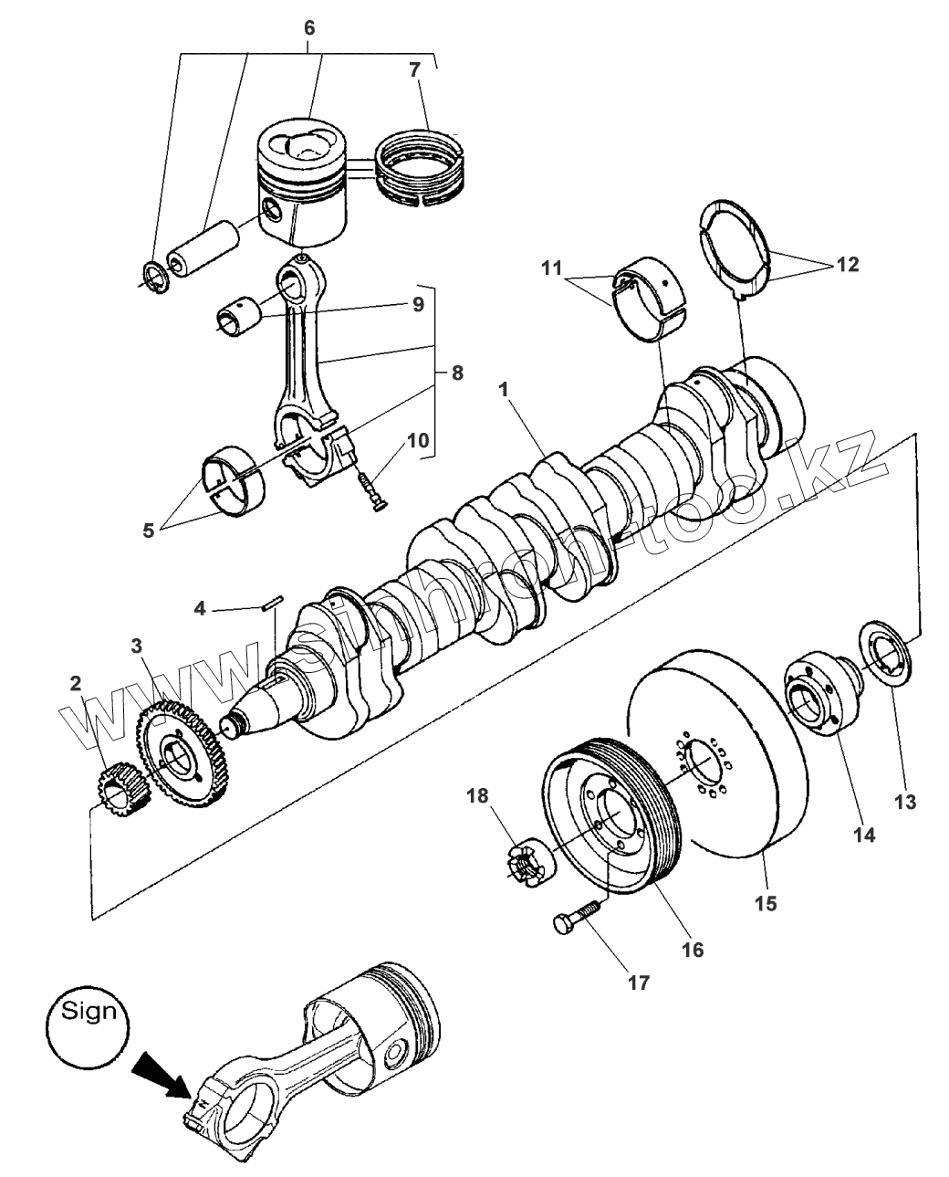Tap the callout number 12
[846, 265]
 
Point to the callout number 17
[638, 983]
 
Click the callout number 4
[200, 608]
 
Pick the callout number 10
[417, 440]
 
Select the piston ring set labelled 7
[422, 166]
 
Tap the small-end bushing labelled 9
[238, 314]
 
